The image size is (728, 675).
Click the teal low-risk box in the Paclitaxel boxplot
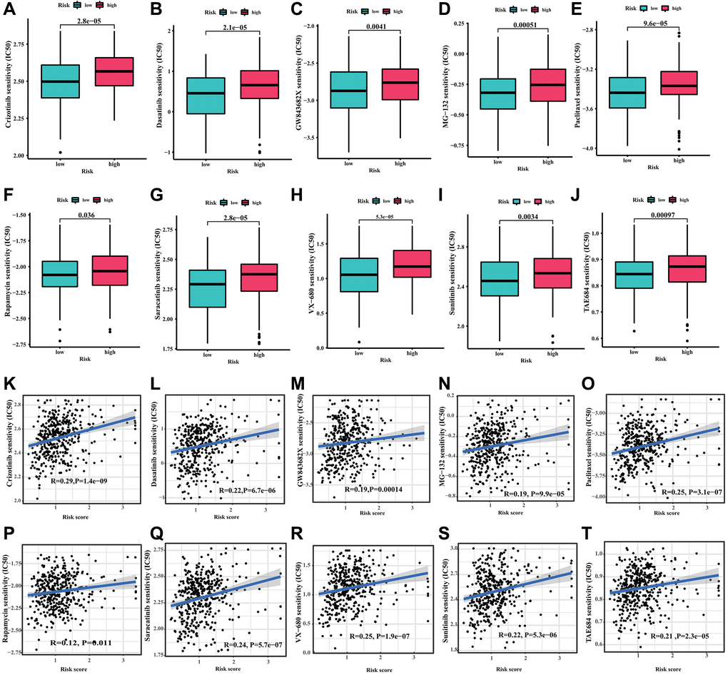pos(627,92)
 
